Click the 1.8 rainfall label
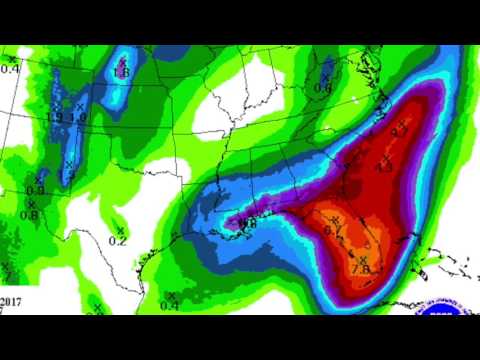[x=122, y=72]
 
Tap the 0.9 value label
[x=34, y=190]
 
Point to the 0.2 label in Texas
[x=118, y=241]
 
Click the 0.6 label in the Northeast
[x=322, y=88]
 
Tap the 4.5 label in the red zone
[x=383, y=168]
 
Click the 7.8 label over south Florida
[x=362, y=268]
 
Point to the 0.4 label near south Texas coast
[x=170, y=305]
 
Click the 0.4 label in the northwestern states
[x=10, y=68]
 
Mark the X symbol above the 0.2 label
[x=120, y=230]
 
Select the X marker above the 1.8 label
[x=121, y=60]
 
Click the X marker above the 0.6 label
[x=324, y=76]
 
